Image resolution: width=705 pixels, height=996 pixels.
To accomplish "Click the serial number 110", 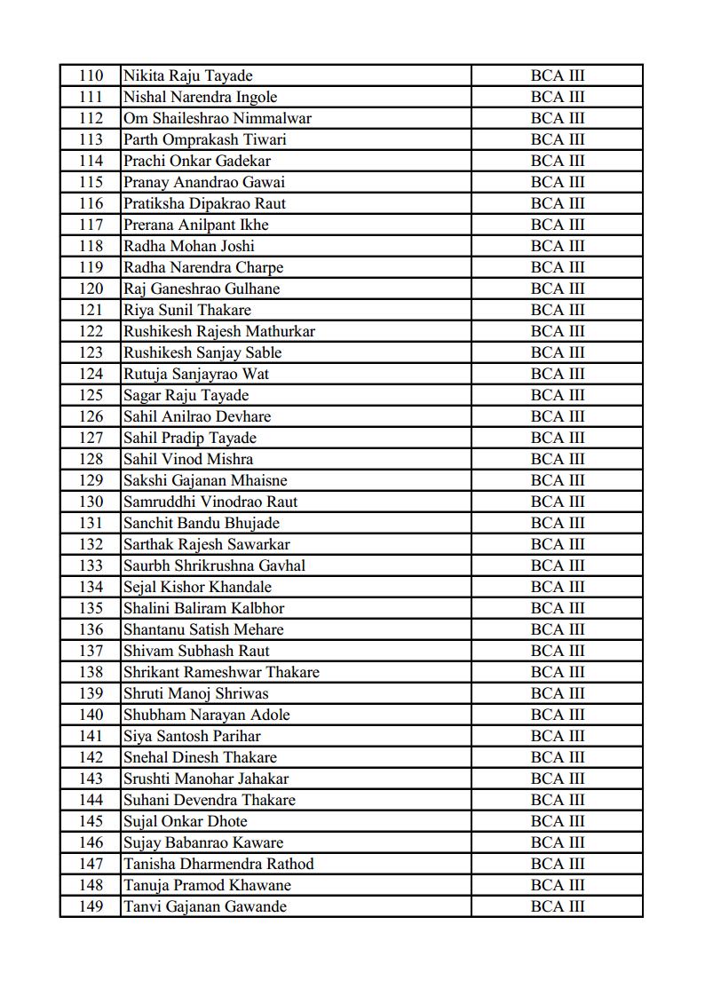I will click(91, 75).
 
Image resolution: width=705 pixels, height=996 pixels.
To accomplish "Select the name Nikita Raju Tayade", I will click(187, 75).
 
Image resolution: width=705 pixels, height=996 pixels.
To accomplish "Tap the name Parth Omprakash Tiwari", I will click(204, 139).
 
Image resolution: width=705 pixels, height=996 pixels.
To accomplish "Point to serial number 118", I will click(91, 246).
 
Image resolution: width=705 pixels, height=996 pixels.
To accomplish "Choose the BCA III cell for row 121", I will click(558, 310).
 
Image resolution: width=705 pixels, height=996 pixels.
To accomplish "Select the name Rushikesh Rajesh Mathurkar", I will click(219, 331).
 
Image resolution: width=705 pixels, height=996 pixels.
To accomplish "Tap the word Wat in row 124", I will click(256, 374).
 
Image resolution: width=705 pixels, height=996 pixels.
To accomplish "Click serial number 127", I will click(91, 438).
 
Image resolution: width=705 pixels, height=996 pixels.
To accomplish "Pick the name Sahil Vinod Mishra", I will click(188, 459).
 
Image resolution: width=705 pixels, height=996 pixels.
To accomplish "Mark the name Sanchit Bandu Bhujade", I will click(202, 523).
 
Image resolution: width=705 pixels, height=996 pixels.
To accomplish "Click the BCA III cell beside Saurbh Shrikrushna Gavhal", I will click(558, 565).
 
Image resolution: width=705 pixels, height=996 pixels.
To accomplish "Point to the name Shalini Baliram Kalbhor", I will click(204, 608).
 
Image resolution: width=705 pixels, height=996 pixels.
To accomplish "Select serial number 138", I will click(91, 672).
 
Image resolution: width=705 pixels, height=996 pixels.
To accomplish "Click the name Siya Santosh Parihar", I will click(192, 736).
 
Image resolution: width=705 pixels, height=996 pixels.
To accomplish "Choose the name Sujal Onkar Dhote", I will click(186, 821).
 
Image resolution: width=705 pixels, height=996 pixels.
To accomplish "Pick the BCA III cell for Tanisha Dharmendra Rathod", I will click(558, 864).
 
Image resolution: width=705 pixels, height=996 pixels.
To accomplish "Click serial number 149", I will click(91, 906).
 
